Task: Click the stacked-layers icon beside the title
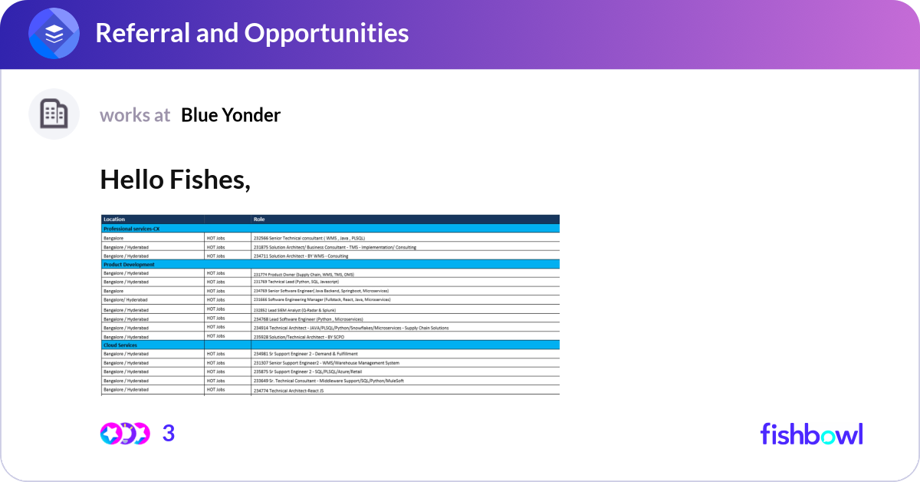[54, 34]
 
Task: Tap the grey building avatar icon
[54, 114]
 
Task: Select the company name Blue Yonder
[231, 115]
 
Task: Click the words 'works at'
[135, 115]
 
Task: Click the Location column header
[114, 220]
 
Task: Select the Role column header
[259, 220]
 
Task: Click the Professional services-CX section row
[132, 229]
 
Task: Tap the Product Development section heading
[129, 264]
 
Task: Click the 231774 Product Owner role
[304, 274]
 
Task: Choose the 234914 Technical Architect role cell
[350, 328]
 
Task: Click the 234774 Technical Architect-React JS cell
[288, 391]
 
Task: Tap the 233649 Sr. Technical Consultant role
[328, 381]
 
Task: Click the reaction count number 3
[169, 434]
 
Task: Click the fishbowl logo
[811, 434]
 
